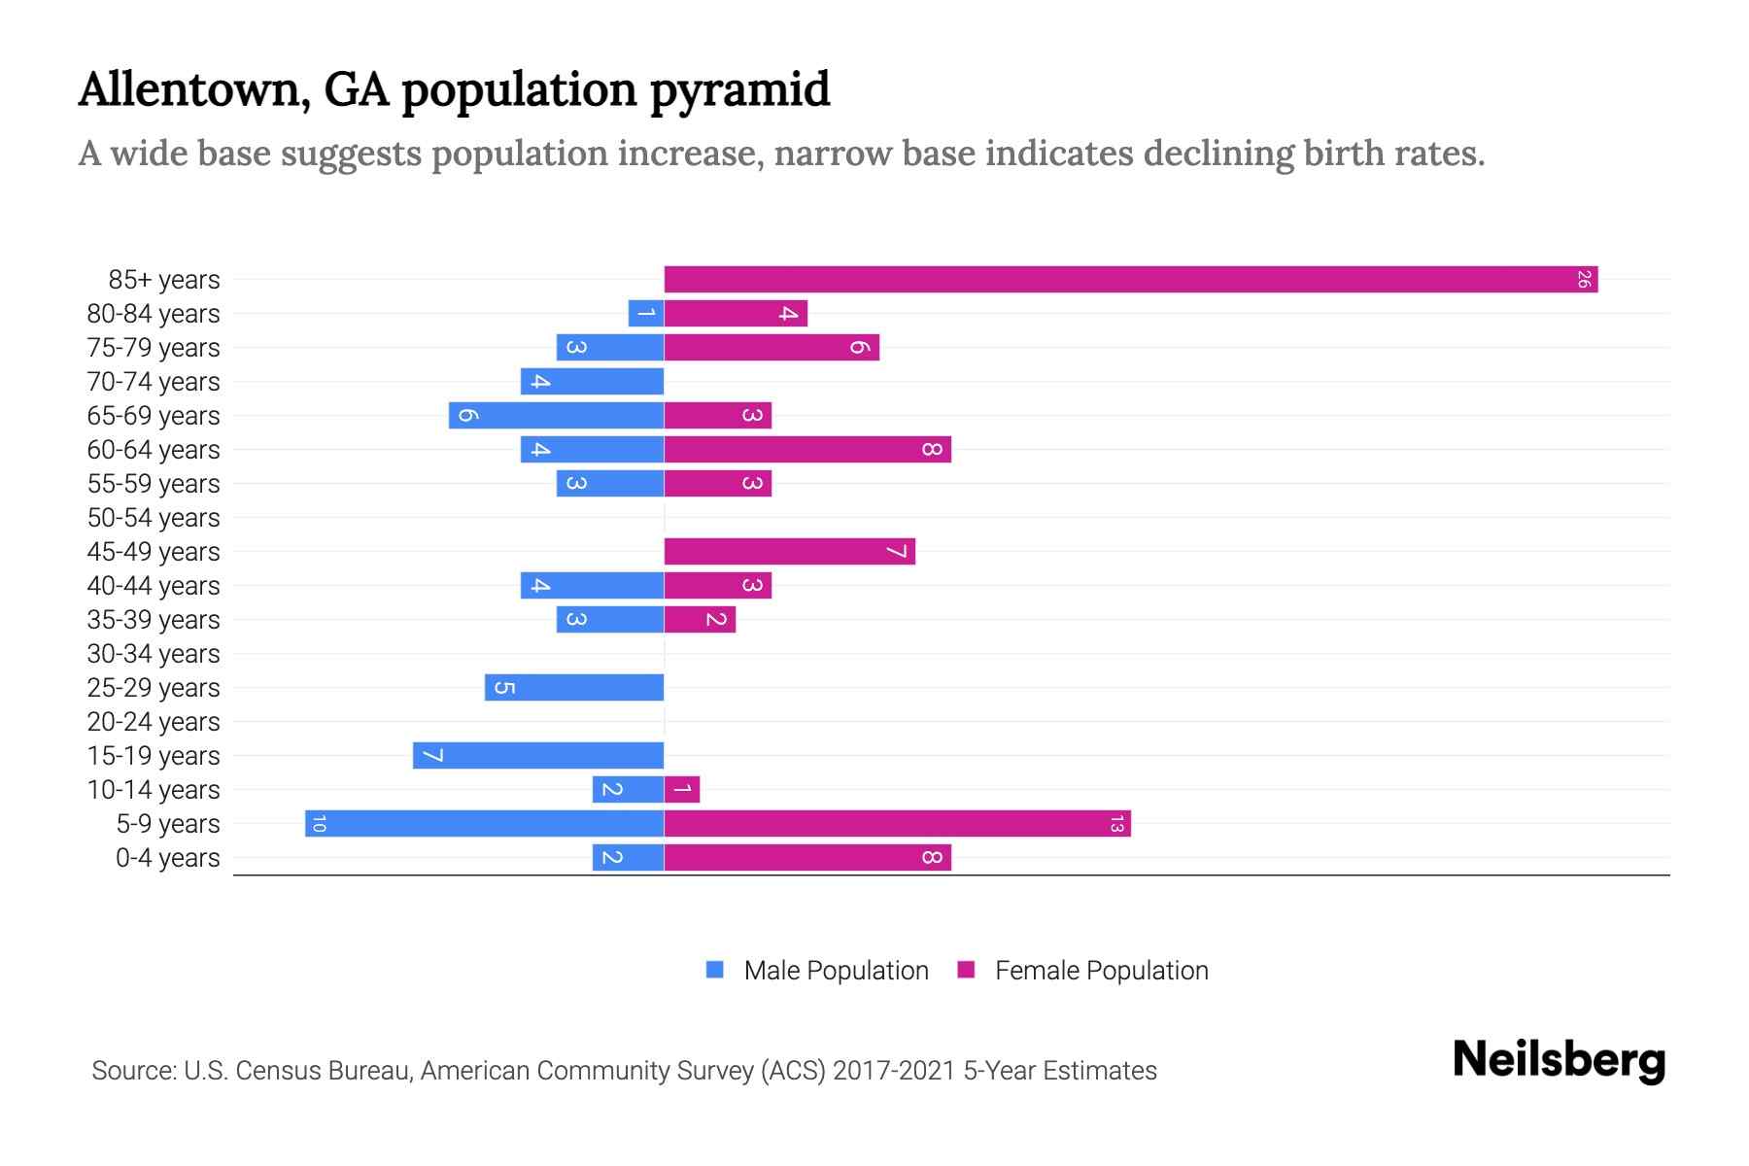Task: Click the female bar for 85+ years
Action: pyautogui.click(x=1130, y=280)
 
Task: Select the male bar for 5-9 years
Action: pyautogui.click(x=484, y=824)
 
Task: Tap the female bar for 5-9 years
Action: pyautogui.click(x=897, y=824)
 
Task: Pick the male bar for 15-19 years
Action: pyautogui.click(x=538, y=756)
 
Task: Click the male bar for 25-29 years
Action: pyautogui.click(x=574, y=688)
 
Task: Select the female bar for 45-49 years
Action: pyautogui.click(x=789, y=552)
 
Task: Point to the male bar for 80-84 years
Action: pyautogui.click(x=646, y=314)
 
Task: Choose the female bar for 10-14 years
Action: pyautogui.click(x=682, y=790)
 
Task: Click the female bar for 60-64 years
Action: pyautogui.click(x=807, y=450)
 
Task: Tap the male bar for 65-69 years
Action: pyautogui.click(x=556, y=416)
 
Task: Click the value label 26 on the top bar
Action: pyautogui.click(x=1583, y=280)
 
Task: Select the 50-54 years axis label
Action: pyautogui.click(x=154, y=518)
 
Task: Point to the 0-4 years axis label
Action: pyautogui.click(x=167, y=858)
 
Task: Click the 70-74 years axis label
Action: pyautogui.click(x=154, y=382)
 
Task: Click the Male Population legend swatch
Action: pyautogui.click(x=715, y=970)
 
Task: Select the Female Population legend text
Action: pyautogui.click(x=1101, y=970)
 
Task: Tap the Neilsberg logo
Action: pyautogui.click(x=1559, y=1059)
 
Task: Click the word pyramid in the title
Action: pyautogui.click(x=739, y=90)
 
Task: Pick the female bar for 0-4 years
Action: pyautogui.click(x=807, y=858)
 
